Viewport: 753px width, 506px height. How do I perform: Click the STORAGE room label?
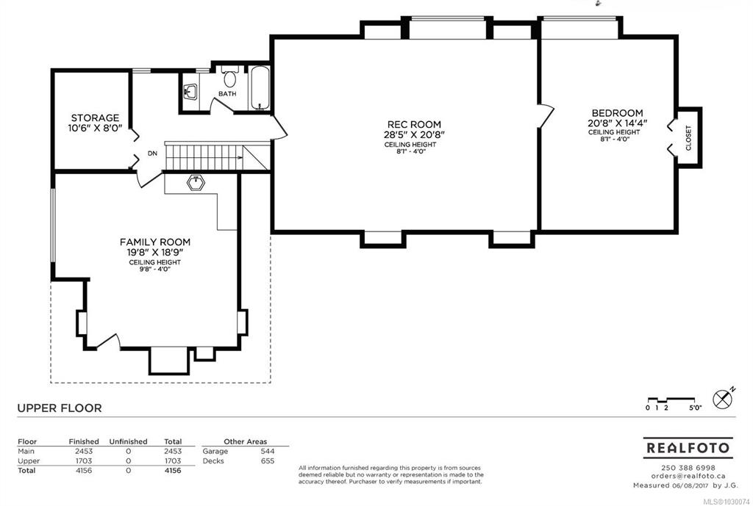click(x=95, y=118)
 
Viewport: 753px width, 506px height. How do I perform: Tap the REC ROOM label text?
click(x=414, y=124)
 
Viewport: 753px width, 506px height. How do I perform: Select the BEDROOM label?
click(x=617, y=113)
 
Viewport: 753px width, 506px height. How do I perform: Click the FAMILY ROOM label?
click(x=155, y=242)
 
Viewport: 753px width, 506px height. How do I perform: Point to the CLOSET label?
click(x=688, y=138)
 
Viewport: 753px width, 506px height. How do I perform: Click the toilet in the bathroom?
click(x=230, y=77)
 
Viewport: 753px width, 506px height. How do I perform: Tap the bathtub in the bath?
click(x=260, y=88)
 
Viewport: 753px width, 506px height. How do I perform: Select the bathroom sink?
click(x=190, y=92)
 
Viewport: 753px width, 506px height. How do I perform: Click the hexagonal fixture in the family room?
click(x=196, y=183)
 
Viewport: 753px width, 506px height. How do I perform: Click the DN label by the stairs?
click(x=152, y=153)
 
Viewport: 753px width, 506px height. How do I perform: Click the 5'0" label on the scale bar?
click(x=696, y=408)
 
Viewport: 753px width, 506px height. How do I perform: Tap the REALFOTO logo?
click(x=688, y=448)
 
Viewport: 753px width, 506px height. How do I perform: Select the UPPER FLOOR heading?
click(x=60, y=408)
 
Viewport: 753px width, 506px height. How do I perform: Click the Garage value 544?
click(x=268, y=451)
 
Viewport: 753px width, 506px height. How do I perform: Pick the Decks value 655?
click(x=268, y=461)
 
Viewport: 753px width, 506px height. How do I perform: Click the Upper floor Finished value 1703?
click(x=84, y=461)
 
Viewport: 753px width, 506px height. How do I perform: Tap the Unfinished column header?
click(x=128, y=441)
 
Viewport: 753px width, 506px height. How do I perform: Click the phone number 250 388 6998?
click(x=688, y=468)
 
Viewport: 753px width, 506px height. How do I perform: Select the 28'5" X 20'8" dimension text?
click(x=414, y=135)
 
